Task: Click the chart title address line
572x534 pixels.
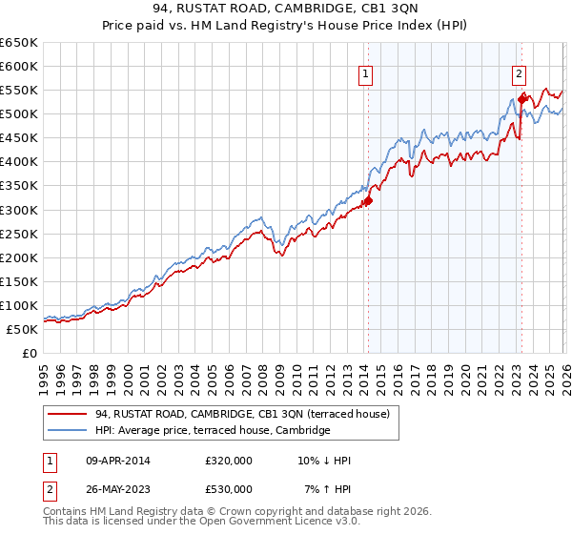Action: [x=285, y=12]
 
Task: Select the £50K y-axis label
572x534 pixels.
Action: [x=22, y=329]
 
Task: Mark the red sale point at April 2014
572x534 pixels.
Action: [x=368, y=200]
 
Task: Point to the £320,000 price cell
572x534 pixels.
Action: [x=228, y=461]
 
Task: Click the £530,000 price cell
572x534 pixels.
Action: [x=228, y=489]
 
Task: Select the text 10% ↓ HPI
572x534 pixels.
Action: [x=323, y=461]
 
